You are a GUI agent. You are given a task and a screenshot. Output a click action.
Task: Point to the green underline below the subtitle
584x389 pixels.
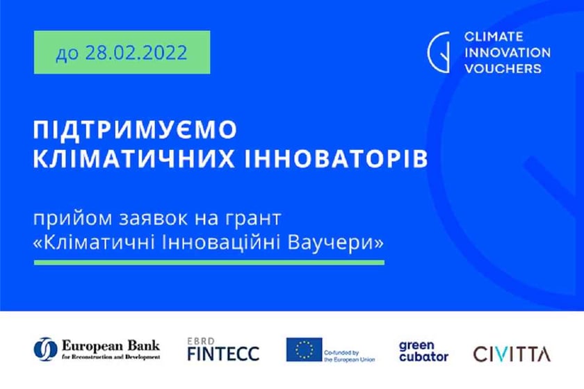point(209,263)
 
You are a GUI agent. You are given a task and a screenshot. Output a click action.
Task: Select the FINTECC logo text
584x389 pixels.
point(223,354)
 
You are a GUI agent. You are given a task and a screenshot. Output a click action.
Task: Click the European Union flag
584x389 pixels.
point(304,349)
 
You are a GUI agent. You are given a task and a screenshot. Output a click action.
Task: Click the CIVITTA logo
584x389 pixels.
point(512,354)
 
